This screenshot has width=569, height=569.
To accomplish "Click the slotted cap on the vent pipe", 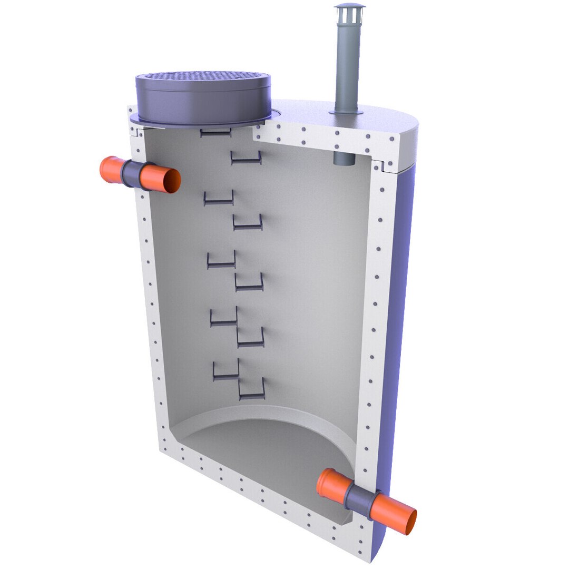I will point(349,13).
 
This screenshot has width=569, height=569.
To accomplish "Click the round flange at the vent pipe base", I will point(347,112).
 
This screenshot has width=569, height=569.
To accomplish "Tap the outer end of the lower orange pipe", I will point(407,522).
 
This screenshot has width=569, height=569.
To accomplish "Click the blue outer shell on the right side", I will point(398,316).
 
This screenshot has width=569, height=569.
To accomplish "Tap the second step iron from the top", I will point(246,158).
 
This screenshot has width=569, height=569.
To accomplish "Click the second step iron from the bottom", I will point(225,371).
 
